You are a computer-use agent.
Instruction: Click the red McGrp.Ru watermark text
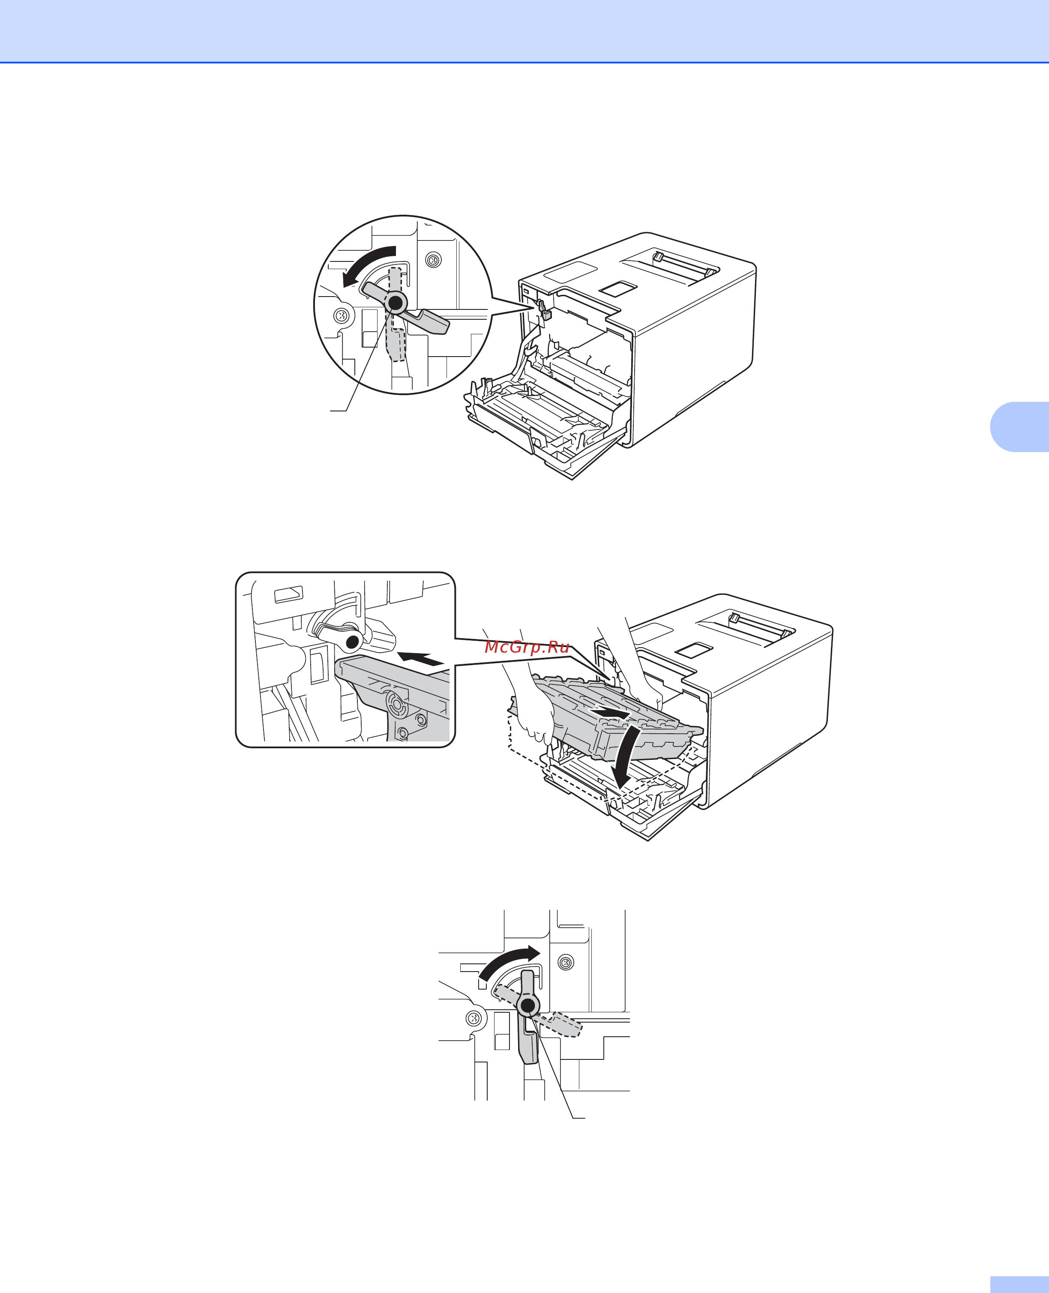[x=527, y=648]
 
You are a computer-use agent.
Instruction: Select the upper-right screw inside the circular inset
[x=433, y=261]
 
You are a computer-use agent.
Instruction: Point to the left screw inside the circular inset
[x=341, y=315]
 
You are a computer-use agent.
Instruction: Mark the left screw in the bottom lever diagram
[x=474, y=1019]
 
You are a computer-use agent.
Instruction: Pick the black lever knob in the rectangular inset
[x=352, y=640]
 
